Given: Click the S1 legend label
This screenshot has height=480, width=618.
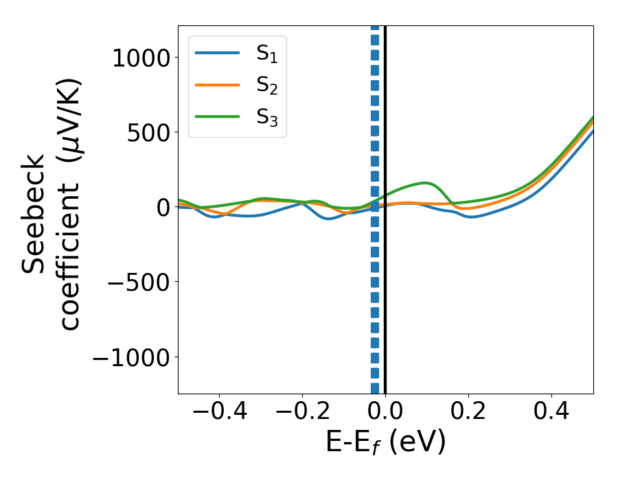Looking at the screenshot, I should coord(266,53).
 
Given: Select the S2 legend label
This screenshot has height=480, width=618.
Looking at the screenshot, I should coord(266,85).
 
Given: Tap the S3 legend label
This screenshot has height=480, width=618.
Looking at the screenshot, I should coord(266,117).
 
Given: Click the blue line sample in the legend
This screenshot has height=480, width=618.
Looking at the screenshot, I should coord(217,53).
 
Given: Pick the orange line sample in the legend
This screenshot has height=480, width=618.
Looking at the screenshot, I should coord(217,85).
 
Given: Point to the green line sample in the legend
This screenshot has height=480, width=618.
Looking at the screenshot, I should coord(217,117).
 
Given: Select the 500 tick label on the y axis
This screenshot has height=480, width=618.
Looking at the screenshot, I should coord(150,132).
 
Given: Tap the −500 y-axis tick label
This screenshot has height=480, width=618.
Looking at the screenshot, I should coord(140,282).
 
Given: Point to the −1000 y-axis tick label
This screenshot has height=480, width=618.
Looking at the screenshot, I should coord(130,357).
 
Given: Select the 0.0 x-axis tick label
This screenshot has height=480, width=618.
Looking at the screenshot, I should coord(385,413).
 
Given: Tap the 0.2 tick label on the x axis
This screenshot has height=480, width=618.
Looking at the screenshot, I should coord(468,413).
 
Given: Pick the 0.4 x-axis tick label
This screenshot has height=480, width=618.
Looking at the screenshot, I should coord(551,413).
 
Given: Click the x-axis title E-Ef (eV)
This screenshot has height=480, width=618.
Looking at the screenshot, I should coord(385,443).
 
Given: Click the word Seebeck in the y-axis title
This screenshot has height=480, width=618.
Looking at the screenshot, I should coord(34,213).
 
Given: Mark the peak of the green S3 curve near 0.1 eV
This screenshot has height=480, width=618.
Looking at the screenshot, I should coord(426,183).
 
